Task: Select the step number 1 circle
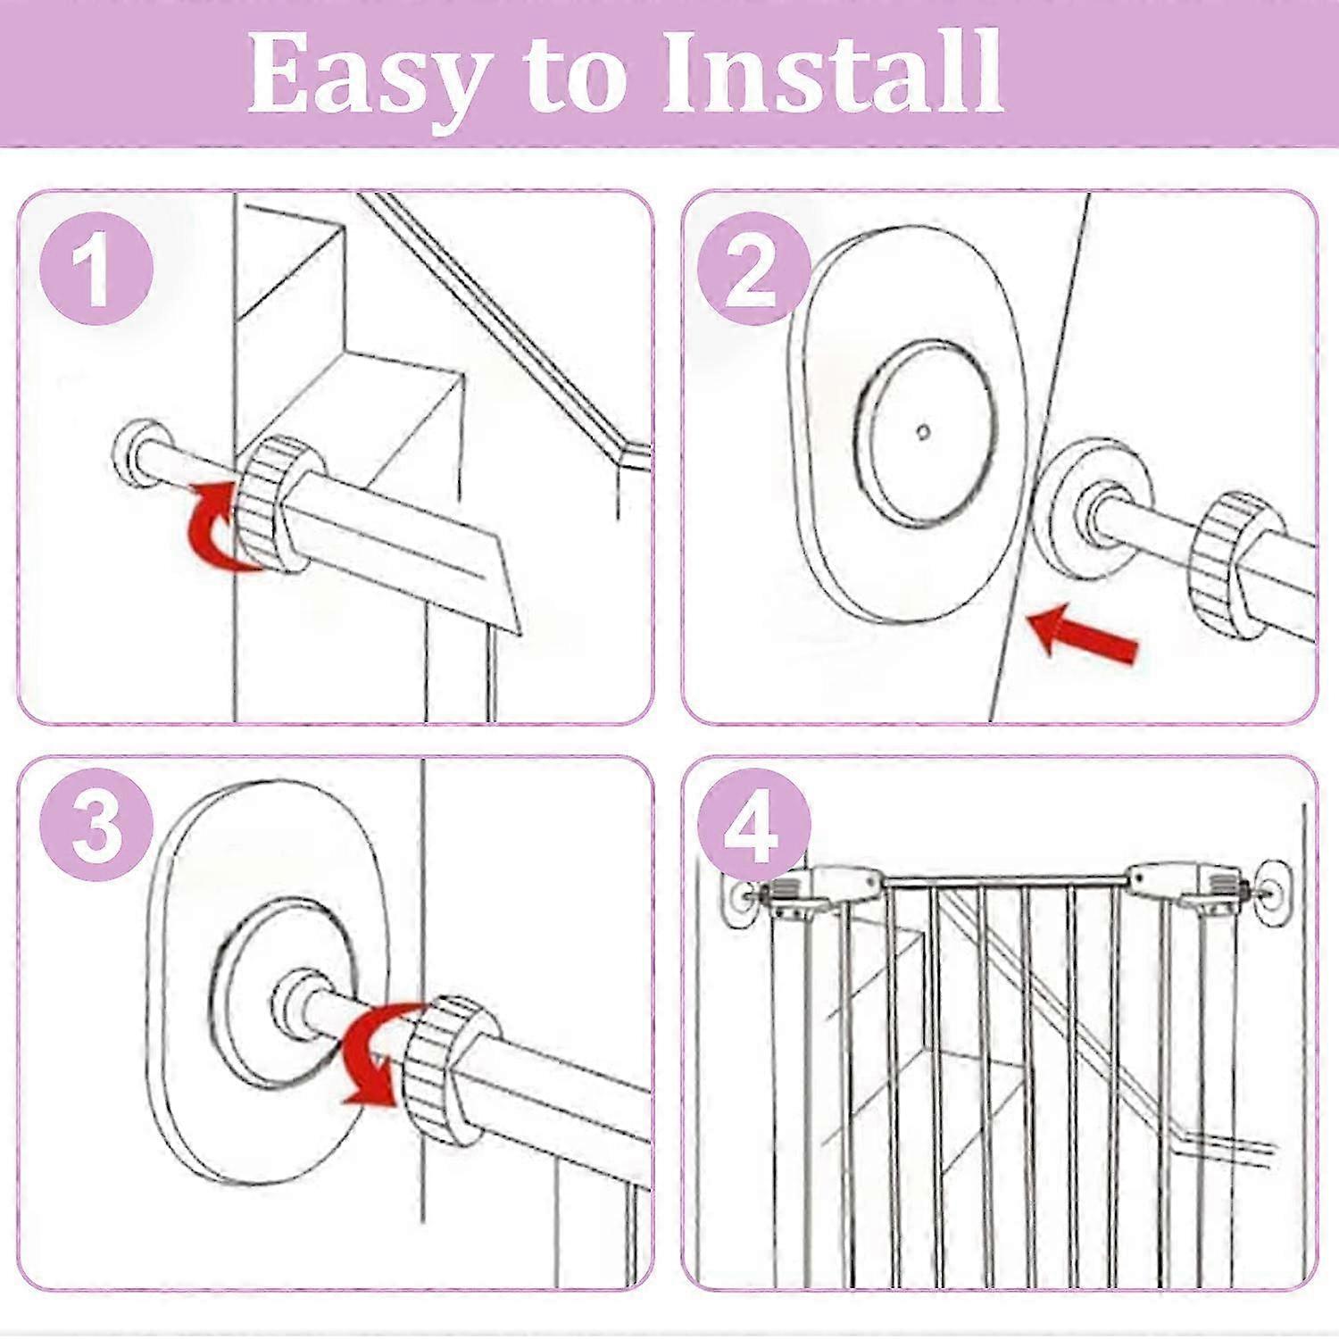tap(96, 269)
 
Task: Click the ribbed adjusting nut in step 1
tap(272, 505)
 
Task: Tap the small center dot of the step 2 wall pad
tap(924, 432)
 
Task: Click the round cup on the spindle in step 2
tap(1094, 513)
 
